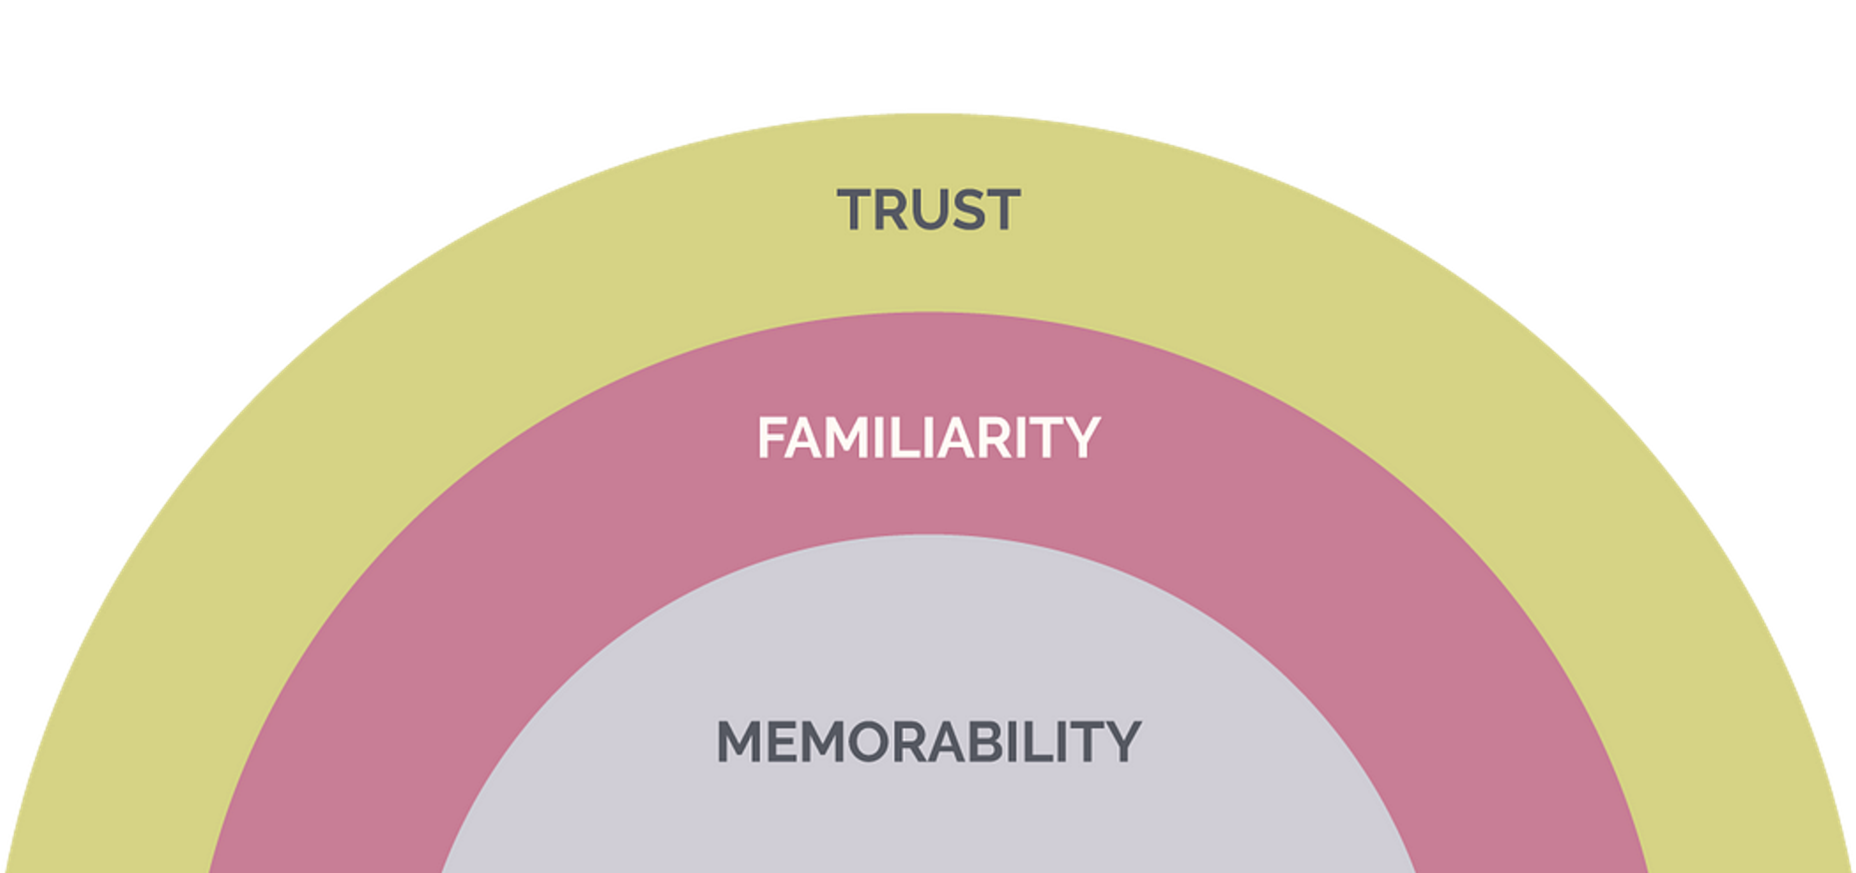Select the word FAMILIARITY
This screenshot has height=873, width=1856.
click(x=928, y=437)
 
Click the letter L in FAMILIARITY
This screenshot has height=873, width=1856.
click(x=903, y=437)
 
